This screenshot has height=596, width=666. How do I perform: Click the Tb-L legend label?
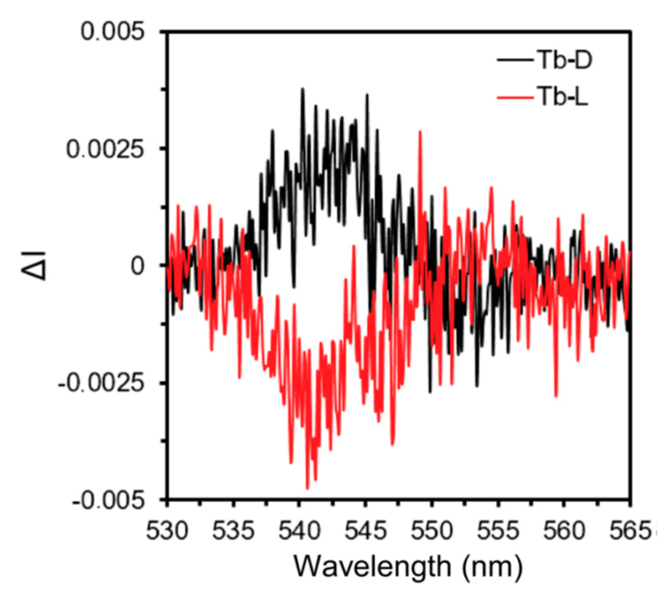562,98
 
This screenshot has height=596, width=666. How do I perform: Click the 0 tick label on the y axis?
137,266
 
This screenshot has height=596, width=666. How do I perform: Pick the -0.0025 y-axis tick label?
100,384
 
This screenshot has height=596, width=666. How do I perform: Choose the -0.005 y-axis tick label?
108,501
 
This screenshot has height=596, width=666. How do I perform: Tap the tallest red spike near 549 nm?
420,132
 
